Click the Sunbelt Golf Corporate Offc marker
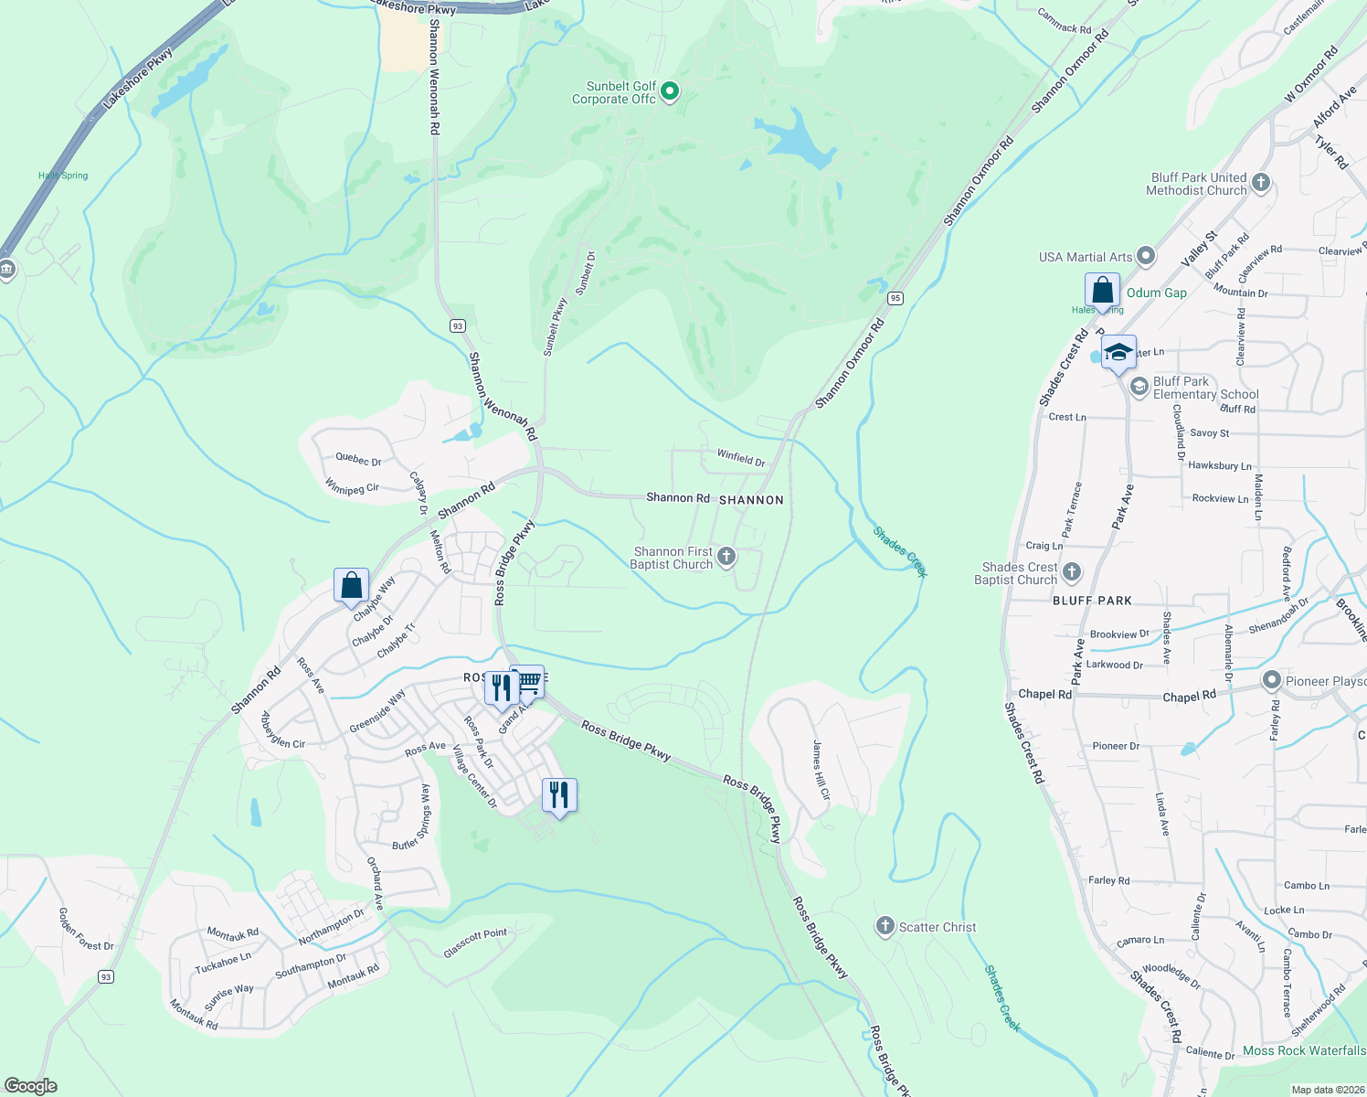tap(670, 91)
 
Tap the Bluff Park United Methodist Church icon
tap(1261, 183)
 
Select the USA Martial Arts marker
tap(1146, 257)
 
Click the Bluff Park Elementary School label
tap(1205, 388)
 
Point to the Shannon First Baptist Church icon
tap(726, 557)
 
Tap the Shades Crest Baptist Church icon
tap(1072, 572)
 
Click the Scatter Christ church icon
tap(885, 926)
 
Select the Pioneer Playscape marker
tap(1271, 680)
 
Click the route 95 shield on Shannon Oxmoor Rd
tap(895, 298)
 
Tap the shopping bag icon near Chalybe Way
tap(352, 585)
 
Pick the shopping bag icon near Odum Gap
tap(1103, 291)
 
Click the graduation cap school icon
tap(1118, 353)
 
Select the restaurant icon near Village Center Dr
tap(558, 795)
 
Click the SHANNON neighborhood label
tap(751, 500)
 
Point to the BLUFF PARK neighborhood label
tap(1092, 601)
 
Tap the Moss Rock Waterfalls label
tap(1304, 1050)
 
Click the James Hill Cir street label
tap(821, 770)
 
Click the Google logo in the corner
tap(30, 1085)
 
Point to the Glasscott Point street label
tap(475, 943)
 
